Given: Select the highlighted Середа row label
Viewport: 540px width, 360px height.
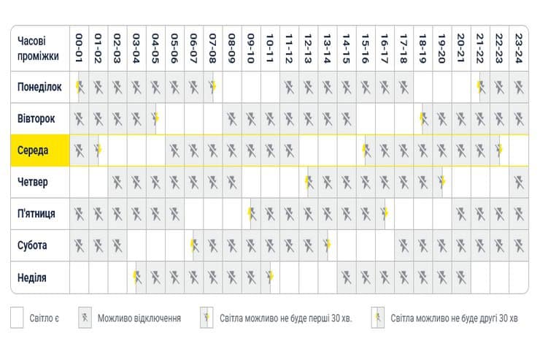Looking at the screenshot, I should pyautogui.click(x=34, y=151).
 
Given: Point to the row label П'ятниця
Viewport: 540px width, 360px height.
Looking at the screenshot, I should pyautogui.click(x=36, y=214).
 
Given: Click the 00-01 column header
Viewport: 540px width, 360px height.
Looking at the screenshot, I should pyautogui.click(x=80, y=47).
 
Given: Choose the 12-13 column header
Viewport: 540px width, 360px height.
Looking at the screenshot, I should pyautogui.click(x=309, y=47).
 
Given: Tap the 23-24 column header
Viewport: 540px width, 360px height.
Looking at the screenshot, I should pyautogui.click(x=518, y=47).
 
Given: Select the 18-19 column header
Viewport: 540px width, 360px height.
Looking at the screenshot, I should pyautogui.click(x=423, y=47).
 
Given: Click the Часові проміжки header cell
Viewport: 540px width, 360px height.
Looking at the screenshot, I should pyautogui.click(x=39, y=48).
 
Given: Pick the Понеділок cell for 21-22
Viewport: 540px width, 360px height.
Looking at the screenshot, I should pyautogui.click(x=480, y=88).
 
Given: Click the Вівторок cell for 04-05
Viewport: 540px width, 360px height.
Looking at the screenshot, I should pyautogui.click(x=155, y=119).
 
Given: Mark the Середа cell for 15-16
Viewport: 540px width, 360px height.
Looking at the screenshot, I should pyautogui.click(x=366, y=151).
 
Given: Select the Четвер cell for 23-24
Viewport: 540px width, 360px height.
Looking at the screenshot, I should pyautogui.click(x=518, y=183).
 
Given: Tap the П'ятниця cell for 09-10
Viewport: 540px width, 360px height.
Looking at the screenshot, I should pyautogui.click(x=251, y=214).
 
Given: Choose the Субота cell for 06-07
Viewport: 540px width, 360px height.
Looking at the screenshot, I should pyautogui.click(x=194, y=245).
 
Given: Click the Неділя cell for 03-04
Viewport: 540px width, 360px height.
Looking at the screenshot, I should pyautogui.click(x=136, y=277).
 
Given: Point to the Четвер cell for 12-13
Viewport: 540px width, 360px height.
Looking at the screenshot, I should pyautogui.click(x=309, y=183).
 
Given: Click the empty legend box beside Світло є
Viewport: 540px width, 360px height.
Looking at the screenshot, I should pyautogui.click(x=18, y=318).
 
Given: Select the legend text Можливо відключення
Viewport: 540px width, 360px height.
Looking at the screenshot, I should pyautogui.click(x=139, y=318).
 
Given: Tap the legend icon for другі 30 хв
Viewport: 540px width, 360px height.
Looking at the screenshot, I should pyautogui.click(x=378, y=318).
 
